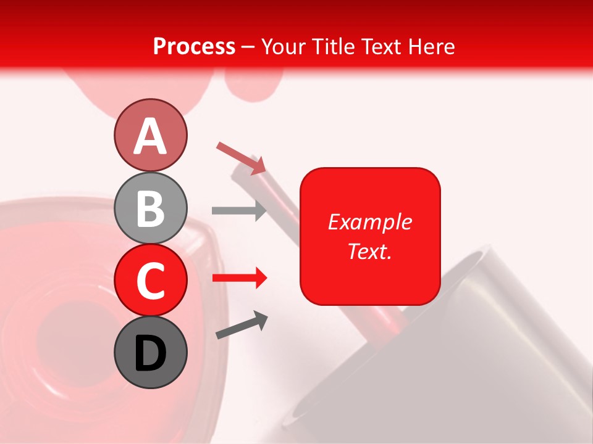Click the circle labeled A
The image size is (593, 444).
pyautogui.click(x=150, y=135)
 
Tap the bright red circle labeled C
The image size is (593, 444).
pyautogui.click(x=150, y=280)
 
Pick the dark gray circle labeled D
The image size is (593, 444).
pyautogui.click(x=150, y=352)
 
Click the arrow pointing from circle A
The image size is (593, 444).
pyautogui.click(x=240, y=157)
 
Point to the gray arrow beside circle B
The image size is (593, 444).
pyautogui.click(x=238, y=210)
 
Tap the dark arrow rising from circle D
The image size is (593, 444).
pyautogui.click(x=241, y=325)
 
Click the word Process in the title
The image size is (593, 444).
pyautogui.click(x=194, y=46)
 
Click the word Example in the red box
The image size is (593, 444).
pyautogui.click(x=369, y=222)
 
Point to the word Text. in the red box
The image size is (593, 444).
pyautogui.click(x=369, y=251)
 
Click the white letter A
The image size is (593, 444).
pyautogui.click(x=150, y=136)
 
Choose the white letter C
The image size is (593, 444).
pyautogui.click(x=150, y=281)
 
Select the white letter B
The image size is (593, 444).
pyautogui.click(x=150, y=209)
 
